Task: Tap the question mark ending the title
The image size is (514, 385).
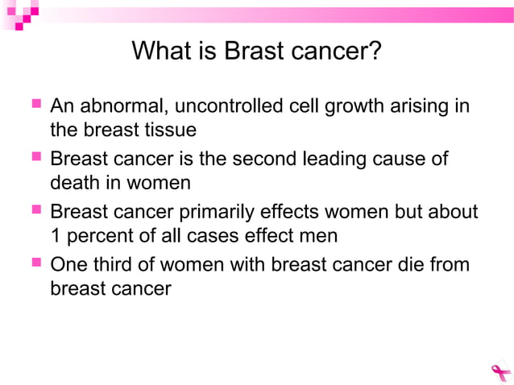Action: pyautogui.click(x=374, y=52)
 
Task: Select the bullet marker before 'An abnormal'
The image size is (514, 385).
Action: pyautogui.click(x=36, y=106)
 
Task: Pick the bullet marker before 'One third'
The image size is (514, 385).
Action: pyautogui.click(x=36, y=264)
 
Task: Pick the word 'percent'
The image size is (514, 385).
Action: pyautogui.click(x=97, y=236)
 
